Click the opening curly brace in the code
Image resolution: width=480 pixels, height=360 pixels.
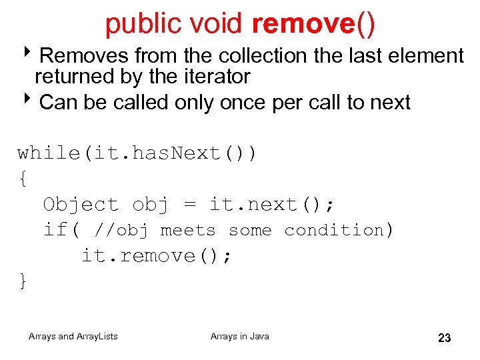click(23, 179)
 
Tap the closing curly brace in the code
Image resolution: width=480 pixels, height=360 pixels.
click(23, 281)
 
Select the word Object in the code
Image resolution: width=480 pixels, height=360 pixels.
click(81, 205)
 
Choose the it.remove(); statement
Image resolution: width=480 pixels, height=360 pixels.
click(157, 256)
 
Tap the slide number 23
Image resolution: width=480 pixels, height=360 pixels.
click(445, 338)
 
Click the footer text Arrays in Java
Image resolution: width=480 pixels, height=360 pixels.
click(240, 337)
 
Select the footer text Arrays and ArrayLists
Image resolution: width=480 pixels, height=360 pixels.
click(73, 337)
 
